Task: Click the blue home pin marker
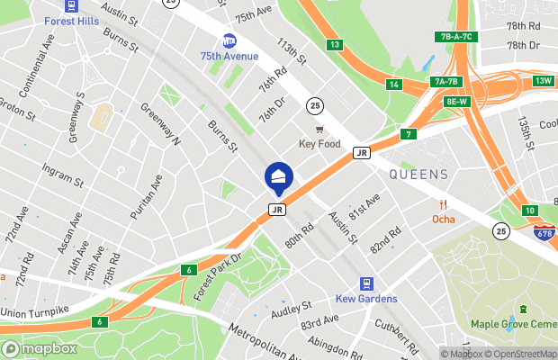coord(279,176)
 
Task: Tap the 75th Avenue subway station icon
coord(229,40)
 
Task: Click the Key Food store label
coord(319,144)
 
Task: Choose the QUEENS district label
coord(419,174)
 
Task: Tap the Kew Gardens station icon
coord(365,283)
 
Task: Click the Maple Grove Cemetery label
coord(514,324)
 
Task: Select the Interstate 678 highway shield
coord(544,233)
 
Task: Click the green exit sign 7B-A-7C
coord(456,37)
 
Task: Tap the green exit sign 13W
coord(543,81)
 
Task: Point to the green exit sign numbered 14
coord(393,85)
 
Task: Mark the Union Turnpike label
coord(36,311)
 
